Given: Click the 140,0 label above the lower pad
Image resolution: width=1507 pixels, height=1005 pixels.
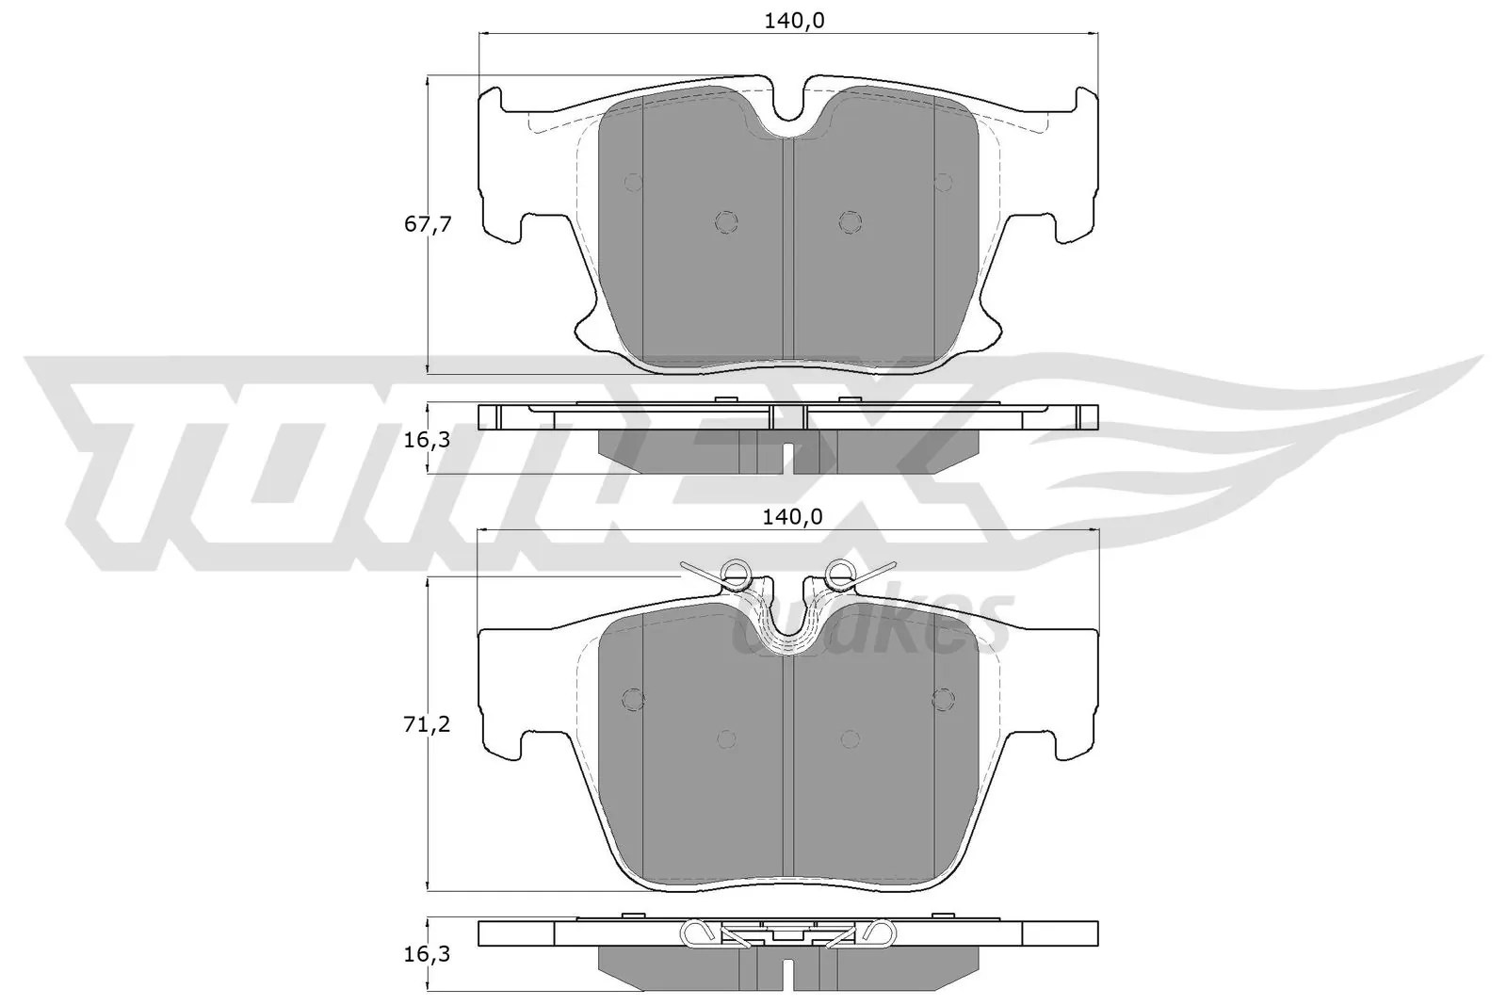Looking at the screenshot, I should pos(788,516).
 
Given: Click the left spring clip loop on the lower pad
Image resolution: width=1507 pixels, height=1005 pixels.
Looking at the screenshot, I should pos(735,570).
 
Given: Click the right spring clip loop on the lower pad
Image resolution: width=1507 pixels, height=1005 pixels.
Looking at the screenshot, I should pos(838,570).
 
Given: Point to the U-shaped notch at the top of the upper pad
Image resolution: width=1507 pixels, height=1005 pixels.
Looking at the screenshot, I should pos(788,113).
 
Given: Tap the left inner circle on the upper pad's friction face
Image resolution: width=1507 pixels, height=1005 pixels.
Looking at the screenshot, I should pos(725,221).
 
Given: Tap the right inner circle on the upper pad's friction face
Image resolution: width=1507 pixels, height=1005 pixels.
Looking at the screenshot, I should pos(850,221).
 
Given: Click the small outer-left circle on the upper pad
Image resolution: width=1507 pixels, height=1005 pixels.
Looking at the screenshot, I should pos(633,181).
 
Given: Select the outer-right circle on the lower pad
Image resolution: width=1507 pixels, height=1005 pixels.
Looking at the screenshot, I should pos(943,699).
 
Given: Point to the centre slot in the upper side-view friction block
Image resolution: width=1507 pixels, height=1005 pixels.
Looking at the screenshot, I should pos(788,456).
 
